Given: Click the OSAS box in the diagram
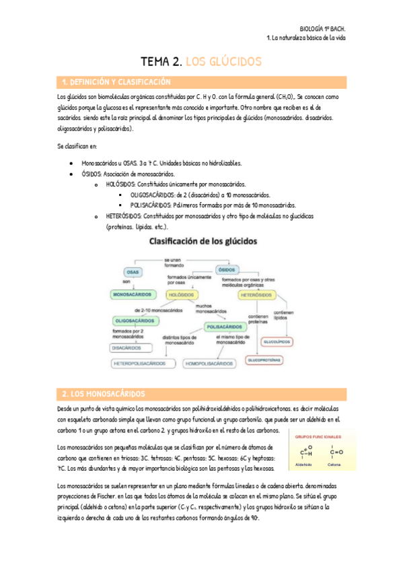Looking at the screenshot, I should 133,271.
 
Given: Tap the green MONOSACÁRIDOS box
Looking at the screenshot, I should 133,295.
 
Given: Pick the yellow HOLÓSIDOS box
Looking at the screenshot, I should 181,295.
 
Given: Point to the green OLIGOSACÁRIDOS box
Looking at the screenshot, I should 137,321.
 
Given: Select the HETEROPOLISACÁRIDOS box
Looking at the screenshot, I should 139,364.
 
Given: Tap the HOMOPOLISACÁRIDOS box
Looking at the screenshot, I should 209,364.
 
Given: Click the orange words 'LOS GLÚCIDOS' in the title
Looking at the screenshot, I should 223,62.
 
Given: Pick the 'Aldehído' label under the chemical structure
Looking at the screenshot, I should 304,465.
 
